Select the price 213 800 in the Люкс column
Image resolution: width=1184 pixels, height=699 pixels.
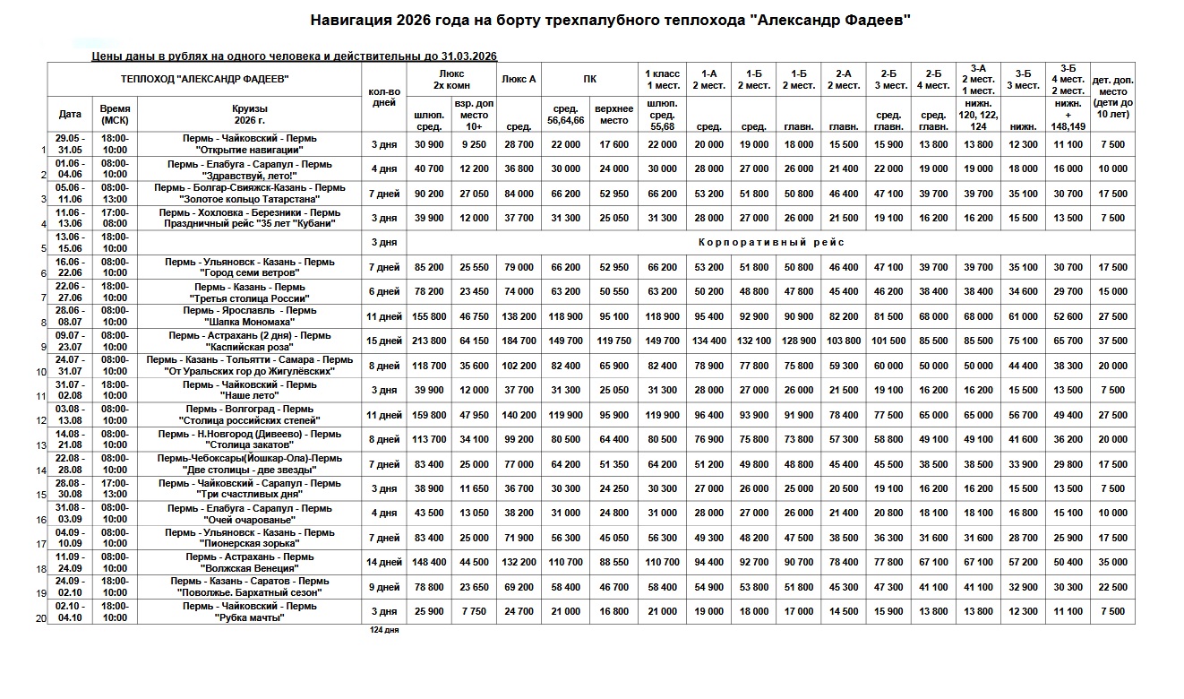(x=429, y=341)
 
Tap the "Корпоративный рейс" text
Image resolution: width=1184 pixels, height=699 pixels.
(x=770, y=243)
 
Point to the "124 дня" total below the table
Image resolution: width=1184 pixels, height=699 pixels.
(x=384, y=630)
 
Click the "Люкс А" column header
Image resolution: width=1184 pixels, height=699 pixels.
(x=519, y=79)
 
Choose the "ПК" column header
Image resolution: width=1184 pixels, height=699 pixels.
(x=589, y=79)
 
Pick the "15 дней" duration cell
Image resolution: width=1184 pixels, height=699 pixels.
(x=384, y=341)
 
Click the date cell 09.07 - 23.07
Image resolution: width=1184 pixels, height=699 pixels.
(x=69, y=341)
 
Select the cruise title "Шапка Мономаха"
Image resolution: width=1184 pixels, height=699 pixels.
(x=250, y=322)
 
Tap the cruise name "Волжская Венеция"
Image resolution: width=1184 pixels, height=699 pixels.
(x=250, y=568)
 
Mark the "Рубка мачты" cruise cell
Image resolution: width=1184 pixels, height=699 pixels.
(x=250, y=617)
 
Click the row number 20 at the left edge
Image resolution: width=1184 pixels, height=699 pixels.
(x=41, y=618)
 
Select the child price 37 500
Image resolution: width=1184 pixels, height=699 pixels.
(x=1112, y=341)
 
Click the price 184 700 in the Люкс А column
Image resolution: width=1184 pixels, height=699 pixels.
(x=519, y=341)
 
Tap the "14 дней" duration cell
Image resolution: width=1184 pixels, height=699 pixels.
(x=384, y=563)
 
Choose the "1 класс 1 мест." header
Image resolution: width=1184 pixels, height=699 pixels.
(x=662, y=79)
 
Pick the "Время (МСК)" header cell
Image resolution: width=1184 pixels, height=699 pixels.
(x=115, y=114)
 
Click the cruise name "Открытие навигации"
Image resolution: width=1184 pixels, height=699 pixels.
(x=250, y=150)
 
